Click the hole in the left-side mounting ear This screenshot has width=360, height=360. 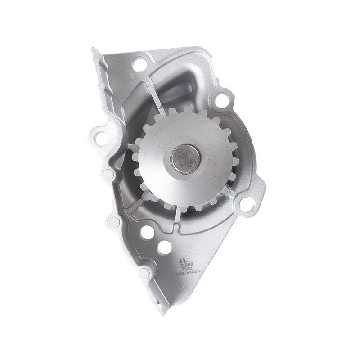(x=99, y=135)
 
